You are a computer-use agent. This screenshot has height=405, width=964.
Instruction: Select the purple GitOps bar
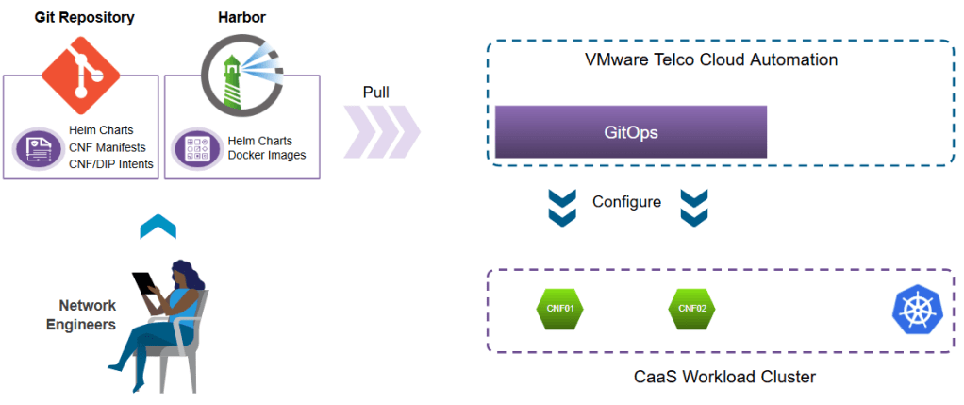click(x=630, y=132)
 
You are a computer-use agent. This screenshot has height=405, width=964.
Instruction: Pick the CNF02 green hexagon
click(x=692, y=308)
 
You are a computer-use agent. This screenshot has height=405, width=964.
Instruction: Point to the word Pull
click(x=376, y=93)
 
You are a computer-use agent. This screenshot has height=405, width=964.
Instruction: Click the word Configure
click(x=626, y=202)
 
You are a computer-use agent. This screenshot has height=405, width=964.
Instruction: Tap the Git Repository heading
click(x=85, y=17)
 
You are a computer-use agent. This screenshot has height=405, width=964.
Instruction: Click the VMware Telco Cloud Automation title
click(x=711, y=60)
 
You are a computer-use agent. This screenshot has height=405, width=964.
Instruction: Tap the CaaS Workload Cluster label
click(x=723, y=378)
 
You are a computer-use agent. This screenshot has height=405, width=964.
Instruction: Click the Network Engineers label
click(x=88, y=315)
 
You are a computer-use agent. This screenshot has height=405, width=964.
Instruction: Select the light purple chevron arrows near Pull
click(x=381, y=132)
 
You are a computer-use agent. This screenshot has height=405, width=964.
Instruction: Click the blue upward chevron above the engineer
click(x=158, y=227)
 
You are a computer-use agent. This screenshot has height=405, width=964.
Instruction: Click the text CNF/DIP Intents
click(x=109, y=164)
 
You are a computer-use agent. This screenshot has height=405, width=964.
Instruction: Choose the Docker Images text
click(x=268, y=156)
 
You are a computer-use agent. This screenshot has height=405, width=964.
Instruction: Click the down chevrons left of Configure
click(x=562, y=207)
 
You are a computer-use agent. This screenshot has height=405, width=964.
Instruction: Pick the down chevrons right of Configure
click(x=693, y=207)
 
